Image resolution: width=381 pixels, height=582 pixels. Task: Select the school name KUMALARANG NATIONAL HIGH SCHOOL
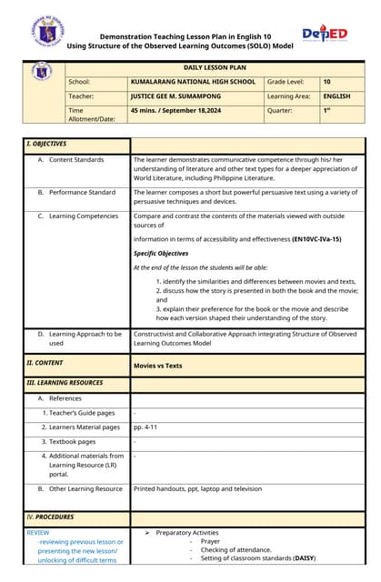[193, 82]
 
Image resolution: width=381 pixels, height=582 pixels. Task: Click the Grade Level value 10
[326, 82]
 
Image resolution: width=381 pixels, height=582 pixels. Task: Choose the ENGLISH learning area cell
[336, 95]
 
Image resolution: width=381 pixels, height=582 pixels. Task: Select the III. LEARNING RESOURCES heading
[65, 382]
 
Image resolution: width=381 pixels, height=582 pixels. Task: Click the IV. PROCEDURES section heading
[51, 517]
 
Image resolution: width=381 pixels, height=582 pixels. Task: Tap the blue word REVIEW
[38, 532]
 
